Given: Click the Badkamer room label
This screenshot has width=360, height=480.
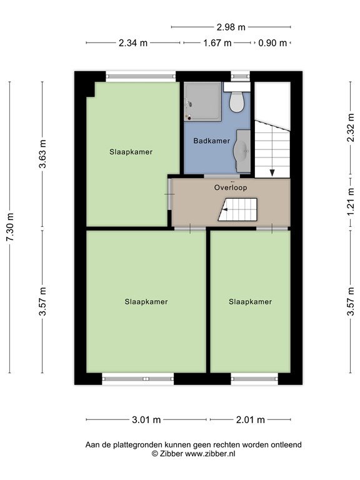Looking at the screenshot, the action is [x=211, y=141].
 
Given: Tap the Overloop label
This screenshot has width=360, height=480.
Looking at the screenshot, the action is [x=231, y=187].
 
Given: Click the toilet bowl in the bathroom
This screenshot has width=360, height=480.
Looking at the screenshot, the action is [x=237, y=102].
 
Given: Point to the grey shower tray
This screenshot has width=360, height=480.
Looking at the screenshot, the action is [x=202, y=101].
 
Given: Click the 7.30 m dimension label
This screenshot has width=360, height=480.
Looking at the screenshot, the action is [x=10, y=227].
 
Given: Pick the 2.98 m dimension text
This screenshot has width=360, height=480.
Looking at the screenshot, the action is [x=231, y=27].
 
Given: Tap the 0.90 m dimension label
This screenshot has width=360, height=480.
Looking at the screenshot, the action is [x=272, y=43].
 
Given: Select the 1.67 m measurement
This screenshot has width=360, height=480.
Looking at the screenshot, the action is [x=217, y=43].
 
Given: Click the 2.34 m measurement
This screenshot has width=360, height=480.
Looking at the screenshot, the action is [x=133, y=43].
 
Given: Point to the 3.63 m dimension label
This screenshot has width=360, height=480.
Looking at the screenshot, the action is [x=42, y=154].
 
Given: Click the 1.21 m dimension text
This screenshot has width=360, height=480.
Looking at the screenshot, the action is [x=351, y=202].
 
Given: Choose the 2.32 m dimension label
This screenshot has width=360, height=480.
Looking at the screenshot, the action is [x=351, y=127].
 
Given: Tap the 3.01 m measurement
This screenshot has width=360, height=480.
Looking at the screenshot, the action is [x=146, y=420].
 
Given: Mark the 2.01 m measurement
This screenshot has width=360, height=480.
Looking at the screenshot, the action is [x=251, y=420].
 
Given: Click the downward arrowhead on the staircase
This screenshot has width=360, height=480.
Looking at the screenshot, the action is [x=272, y=173].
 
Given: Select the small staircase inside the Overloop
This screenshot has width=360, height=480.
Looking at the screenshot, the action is [x=237, y=210].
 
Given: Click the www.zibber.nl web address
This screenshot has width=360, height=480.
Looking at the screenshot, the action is [x=210, y=454].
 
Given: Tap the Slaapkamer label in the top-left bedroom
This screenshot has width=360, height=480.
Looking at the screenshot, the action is [x=131, y=152].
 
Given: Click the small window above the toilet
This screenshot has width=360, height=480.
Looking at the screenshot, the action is [x=240, y=76].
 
